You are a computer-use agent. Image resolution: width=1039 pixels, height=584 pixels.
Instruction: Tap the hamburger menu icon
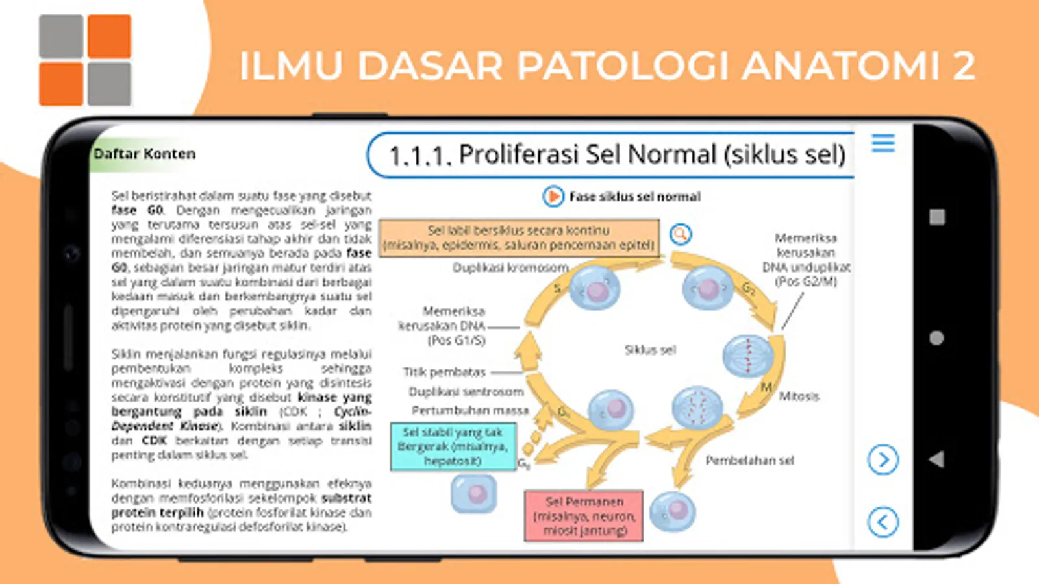[x=883, y=143]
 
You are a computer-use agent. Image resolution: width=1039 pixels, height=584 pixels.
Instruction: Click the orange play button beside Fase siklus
[x=553, y=196]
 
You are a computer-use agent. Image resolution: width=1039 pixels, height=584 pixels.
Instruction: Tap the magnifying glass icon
[x=681, y=234]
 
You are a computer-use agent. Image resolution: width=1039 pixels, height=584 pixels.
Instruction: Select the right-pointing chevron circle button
[x=883, y=459]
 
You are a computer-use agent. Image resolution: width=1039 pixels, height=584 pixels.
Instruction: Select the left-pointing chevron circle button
[x=883, y=522]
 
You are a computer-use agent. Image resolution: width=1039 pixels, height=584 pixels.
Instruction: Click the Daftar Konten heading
[x=144, y=154]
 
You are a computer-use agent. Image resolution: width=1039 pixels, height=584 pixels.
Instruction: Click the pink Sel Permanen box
[x=584, y=516]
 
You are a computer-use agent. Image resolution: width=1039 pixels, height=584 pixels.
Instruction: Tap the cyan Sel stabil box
[x=453, y=446]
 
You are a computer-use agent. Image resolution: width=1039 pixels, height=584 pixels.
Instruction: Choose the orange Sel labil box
[x=518, y=237]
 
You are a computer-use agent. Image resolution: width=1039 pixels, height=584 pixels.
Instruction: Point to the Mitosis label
[x=799, y=396]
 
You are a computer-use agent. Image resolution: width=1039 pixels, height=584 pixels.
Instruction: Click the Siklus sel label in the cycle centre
[x=650, y=350]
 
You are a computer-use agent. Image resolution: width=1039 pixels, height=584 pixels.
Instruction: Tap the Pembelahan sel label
[x=749, y=460]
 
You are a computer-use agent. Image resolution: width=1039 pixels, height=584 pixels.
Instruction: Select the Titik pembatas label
[x=444, y=372]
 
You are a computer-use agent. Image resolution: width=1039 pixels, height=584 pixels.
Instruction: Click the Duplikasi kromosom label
[x=510, y=267]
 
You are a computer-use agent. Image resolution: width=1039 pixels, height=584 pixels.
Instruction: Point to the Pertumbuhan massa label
[x=470, y=410]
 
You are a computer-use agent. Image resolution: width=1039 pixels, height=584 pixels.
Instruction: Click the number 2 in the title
[x=964, y=66]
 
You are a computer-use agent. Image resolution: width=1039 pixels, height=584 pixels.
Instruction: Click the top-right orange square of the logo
[x=109, y=36]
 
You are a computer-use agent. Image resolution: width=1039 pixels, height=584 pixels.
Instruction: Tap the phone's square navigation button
[x=936, y=217]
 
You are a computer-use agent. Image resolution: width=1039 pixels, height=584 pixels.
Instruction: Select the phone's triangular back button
[x=936, y=459]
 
